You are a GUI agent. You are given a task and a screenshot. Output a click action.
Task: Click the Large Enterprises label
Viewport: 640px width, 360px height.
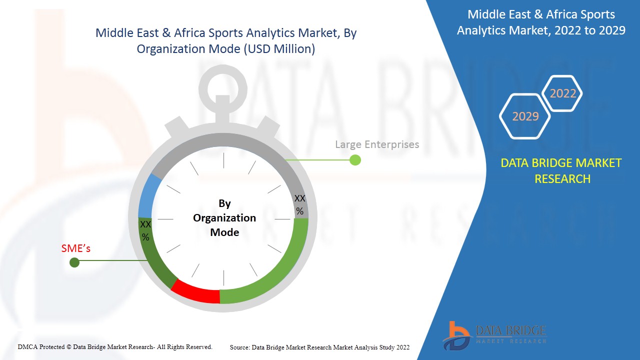pos(377,144)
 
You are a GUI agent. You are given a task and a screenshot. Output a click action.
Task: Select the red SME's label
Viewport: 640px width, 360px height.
pos(76,248)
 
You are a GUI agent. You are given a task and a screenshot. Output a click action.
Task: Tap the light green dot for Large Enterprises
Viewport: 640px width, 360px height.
pos(355,160)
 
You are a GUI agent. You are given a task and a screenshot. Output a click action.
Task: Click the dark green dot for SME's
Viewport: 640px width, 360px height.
pos(74,262)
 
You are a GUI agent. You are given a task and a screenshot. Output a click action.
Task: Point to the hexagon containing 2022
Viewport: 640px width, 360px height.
pos(563,93)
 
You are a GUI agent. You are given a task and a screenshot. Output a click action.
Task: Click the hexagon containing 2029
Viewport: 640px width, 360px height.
pos(525,116)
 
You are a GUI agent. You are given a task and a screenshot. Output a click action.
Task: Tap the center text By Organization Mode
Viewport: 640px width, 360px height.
pos(224,218)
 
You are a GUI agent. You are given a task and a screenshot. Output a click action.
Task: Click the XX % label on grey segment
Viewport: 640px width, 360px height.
pos(299,205)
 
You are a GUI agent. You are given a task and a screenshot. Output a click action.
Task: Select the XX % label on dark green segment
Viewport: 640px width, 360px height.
pos(145,230)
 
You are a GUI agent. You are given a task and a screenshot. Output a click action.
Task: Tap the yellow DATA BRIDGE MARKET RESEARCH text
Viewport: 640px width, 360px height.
pos(562,170)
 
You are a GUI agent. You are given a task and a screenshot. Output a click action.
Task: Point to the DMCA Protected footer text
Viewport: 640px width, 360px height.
pos(115,346)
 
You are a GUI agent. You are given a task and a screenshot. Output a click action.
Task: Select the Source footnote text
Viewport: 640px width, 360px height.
pos(319,347)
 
